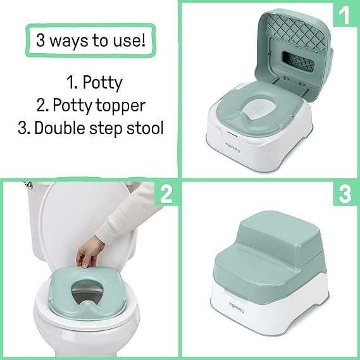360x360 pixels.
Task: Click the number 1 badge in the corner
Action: [x=344, y=14]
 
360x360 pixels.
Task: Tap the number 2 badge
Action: [x=166, y=194]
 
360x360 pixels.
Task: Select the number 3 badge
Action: [x=345, y=194]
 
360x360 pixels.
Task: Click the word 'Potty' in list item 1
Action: [x=102, y=83]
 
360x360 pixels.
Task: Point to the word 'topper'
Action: [x=120, y=106]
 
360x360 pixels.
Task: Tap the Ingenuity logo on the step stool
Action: [x=237, y=307]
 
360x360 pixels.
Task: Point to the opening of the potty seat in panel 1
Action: [x=254, y=110]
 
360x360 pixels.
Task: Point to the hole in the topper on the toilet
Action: [x=87, y=294]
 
